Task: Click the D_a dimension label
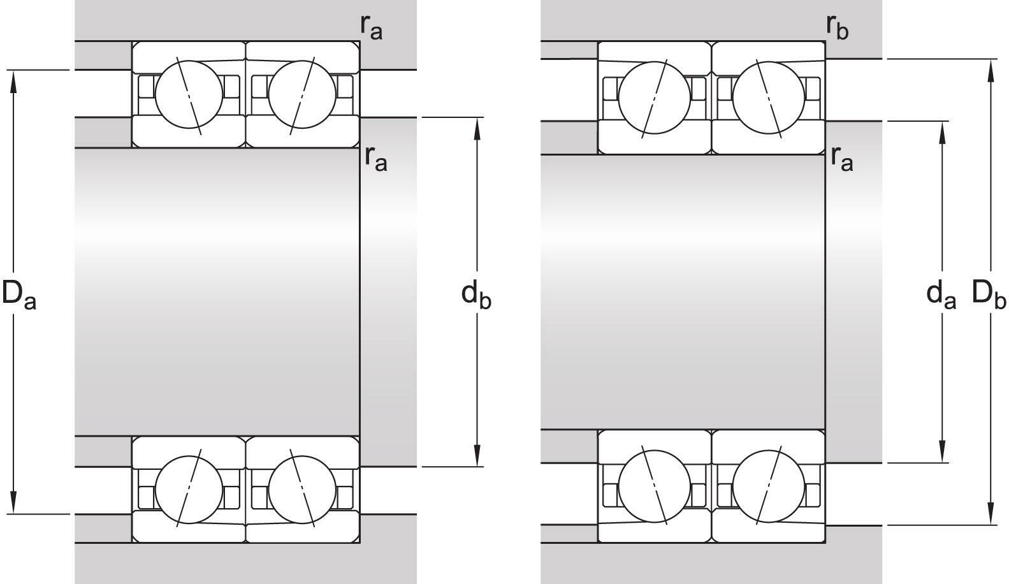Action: [x=19, y=294]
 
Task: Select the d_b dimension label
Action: [x=476, y=294]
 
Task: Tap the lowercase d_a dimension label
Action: [x=941, y=294]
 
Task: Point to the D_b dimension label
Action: [x=989, y=294]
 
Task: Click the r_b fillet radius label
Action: [x=837, y=26]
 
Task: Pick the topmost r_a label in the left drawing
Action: [x=371, y=26]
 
